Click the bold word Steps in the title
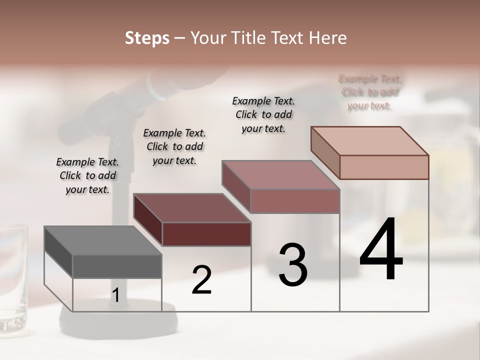147,38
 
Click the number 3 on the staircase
293,265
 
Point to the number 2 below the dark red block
201,279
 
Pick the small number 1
115,295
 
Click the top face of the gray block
103,240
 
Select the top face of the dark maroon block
192,208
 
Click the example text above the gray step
87,175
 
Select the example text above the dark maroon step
174,146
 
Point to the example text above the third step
263,114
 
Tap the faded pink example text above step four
370,92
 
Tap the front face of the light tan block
384,167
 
